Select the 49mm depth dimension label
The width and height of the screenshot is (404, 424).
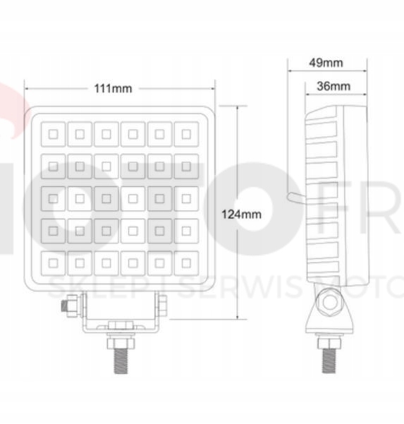coord(326,62)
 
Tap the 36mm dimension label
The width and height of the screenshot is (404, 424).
coord(333,86)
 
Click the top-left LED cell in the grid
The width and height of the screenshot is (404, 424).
coord(53,133)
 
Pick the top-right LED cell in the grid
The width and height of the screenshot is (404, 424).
coord(185,133)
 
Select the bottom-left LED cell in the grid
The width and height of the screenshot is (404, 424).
coord(53,262)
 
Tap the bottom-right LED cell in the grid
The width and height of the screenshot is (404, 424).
coord(185,262)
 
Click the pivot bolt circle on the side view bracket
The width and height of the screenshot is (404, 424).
coord(329,303)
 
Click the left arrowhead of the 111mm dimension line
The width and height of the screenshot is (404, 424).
coord(27,89)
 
